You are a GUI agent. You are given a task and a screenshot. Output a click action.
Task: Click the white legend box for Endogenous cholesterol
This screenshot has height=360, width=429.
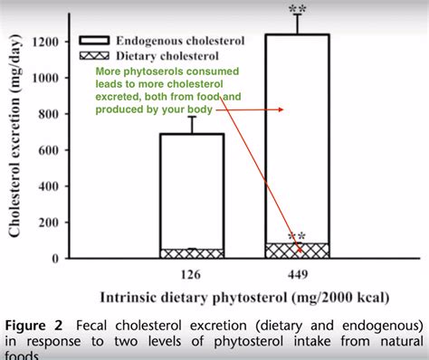pos(96,40)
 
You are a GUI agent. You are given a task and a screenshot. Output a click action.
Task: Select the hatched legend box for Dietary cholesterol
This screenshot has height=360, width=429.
pos(96,53)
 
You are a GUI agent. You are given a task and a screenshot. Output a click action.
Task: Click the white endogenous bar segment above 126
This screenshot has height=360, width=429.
pos(191,190)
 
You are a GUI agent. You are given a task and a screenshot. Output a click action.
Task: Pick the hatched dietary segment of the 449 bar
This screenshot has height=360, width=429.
pos(296,251)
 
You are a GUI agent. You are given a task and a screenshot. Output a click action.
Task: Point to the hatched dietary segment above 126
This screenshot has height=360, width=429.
pos(191,253)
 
